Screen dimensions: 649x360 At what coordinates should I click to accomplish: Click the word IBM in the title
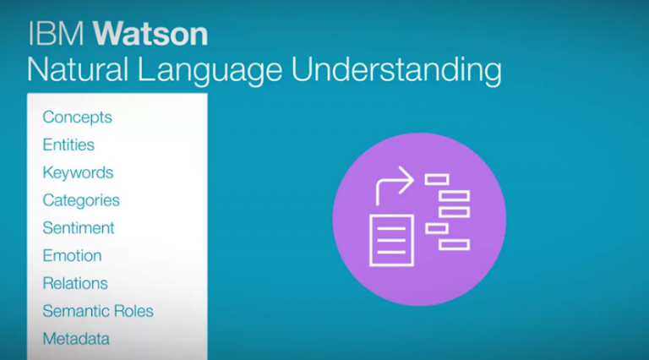point(56,34)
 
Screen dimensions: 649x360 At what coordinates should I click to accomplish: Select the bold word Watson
point(150,34)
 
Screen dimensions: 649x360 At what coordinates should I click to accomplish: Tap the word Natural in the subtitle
point(78,69)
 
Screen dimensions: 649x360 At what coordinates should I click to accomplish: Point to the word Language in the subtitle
point(210,71)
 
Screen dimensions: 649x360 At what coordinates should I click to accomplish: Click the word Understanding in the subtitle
point(396,71)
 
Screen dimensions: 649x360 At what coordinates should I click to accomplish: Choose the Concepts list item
point(78,117)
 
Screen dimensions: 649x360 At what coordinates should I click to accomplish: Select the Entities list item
point(68,145)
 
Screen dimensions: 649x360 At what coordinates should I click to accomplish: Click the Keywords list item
point(79,173)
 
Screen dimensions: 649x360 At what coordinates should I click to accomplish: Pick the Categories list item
point(81,200)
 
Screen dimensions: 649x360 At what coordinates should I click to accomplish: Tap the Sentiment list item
point(79,228)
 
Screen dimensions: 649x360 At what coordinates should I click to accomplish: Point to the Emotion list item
point(73,256)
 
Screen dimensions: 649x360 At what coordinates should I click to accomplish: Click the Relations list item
point(75,283)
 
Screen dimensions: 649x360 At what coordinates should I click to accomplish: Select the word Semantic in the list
point(74,311)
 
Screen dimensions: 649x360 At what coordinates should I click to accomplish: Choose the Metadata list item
point(77,339)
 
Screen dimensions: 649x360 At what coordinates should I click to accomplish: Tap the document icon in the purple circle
point(391,240)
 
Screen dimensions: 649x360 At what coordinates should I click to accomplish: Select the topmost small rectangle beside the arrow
point(437,180)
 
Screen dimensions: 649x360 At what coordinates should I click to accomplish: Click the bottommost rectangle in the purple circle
point(454,245)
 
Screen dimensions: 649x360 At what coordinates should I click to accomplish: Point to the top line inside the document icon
point(391,229)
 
